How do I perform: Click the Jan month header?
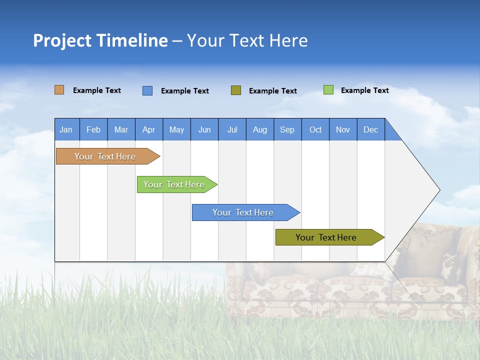(x=66, y=129)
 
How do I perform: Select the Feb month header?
(x=93, y=129)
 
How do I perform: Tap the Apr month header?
(x=149, y=129)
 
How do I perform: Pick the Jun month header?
(x=204, y=129)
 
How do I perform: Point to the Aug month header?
(x=260, y=129)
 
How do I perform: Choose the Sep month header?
(x=287, y=129)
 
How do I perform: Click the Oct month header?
(x=315, y=129)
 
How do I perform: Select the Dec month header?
(x=371, y=129)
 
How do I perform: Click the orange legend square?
(x=59, y=90)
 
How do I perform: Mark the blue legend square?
(x=147, y=90)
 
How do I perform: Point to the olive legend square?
(x=236, y=90)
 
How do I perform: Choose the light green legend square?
(x=328, y=90)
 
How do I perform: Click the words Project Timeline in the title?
(x=100, y=40)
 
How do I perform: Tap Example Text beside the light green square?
(x=364, y=90)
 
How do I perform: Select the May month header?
(x=176, y=129)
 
